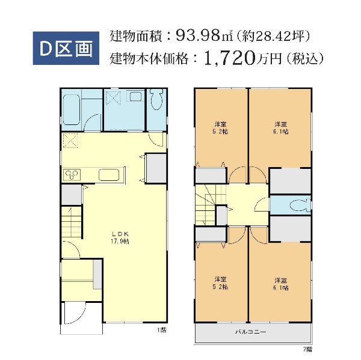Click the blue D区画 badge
click(66, 48)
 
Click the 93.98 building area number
click(197, 35)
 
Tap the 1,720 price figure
click(230, 58)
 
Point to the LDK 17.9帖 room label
click(120, 237)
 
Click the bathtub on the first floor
click(72, 110)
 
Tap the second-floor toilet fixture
click(300, 205)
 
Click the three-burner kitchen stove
click(72, 175)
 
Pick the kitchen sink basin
click(109, 175)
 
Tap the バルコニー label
click(251, 332)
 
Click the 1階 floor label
click(162, 330)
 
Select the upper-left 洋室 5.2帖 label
click(220, 128)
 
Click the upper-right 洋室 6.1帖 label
click(280, 128)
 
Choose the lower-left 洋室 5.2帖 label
click(220, 283)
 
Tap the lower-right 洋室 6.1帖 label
click(280, 284)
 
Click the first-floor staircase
click(72, 222)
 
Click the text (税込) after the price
click(305, 59)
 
